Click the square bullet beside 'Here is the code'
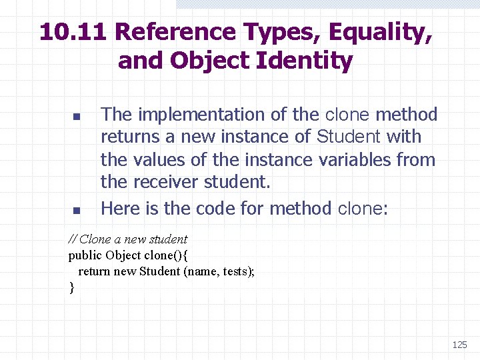point(76,211)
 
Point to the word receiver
point(166,183)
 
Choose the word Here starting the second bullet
point(121,208)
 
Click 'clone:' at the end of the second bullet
point(361,208)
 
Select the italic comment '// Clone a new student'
point(128,239)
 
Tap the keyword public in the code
point(85,255)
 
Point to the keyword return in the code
point(95,271)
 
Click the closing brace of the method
point(71,287)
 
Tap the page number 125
point(459,345)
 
